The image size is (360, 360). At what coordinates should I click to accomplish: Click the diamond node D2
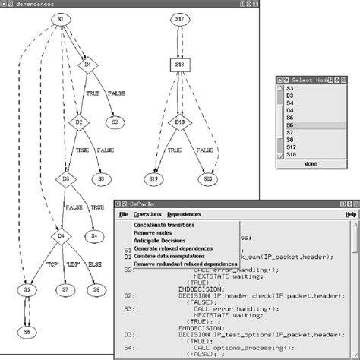coord(79,121)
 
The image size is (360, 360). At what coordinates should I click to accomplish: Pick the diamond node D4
coord(60,236)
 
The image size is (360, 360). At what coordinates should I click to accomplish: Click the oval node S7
coord(66,289)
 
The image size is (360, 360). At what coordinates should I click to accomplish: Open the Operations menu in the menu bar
coord(147,215)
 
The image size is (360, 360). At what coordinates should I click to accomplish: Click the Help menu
coord(350,215)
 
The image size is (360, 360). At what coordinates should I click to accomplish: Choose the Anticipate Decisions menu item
coord(162,240)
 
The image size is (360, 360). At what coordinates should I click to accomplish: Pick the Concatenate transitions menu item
coord(164,226)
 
